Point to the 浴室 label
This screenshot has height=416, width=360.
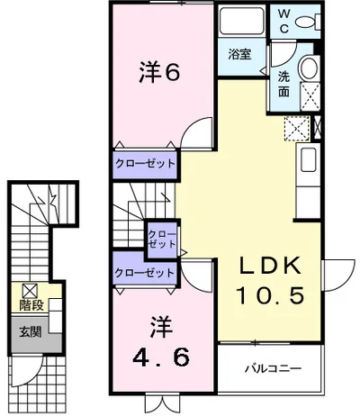(x=238, y=54)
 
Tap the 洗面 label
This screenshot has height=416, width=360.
(x=283, y=82)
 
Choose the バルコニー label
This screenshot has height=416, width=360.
(x=272, y=369)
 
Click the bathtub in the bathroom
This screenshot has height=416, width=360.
(x=239, y=23)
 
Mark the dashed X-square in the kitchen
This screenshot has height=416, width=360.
(x=295, y=128)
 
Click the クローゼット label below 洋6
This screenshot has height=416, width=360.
(x=144, y=164)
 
